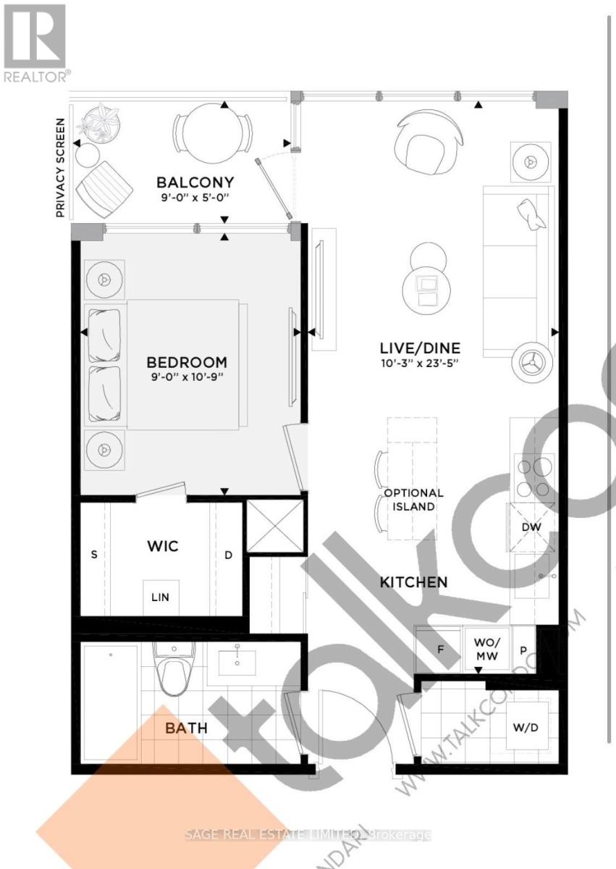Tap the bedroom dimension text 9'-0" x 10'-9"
(187, 378)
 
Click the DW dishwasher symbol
(532, 528)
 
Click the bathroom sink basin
(238, 660)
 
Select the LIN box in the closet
(160, 597)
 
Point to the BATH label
(186, 728)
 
